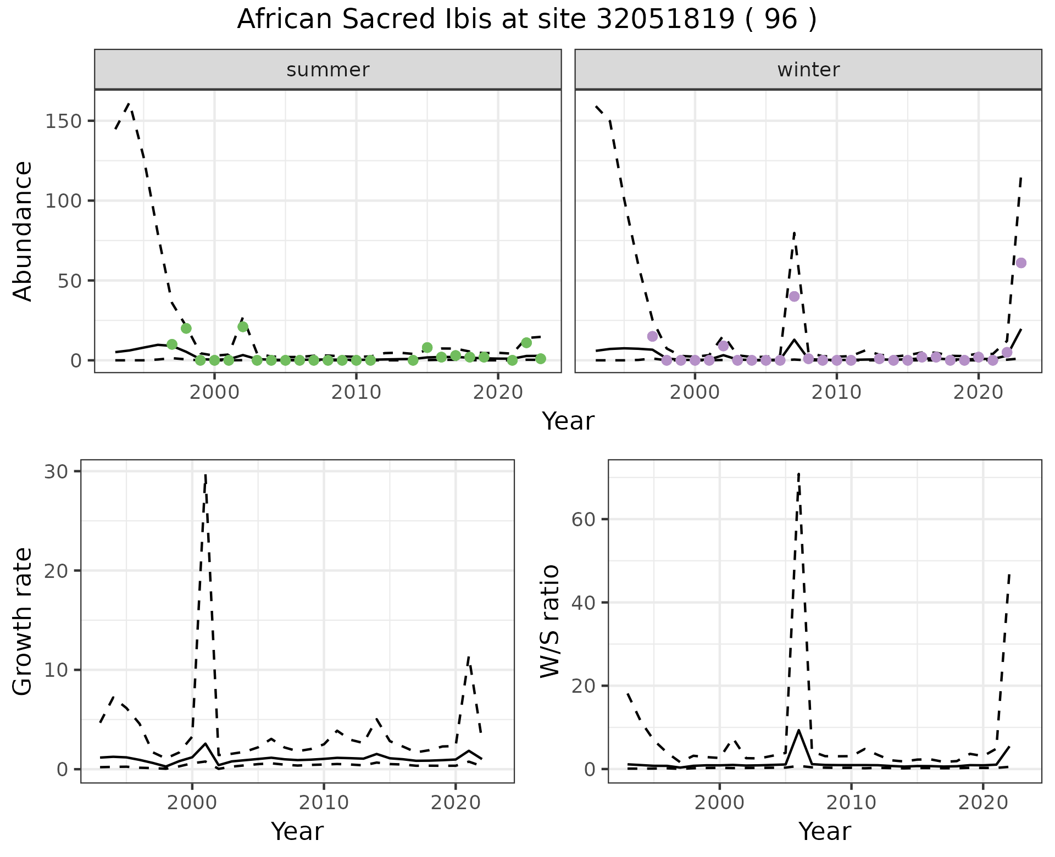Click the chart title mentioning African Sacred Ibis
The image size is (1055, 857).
tap(526, 20)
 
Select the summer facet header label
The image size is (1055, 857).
tap(328, 70)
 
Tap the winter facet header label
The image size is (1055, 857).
tap(808, 70)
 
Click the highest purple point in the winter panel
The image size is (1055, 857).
tap(1021, 263)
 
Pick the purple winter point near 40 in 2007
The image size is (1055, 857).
tap(794, 297)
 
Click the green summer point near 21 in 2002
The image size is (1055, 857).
tap(243, 327)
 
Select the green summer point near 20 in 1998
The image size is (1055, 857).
tap(186, 329)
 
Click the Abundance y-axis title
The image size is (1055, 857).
tap(23, 231)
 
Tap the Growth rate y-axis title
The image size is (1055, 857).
tap(23, 621)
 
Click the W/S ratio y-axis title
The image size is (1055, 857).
tap(550, 621)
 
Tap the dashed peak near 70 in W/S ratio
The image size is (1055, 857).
tap(798, 474)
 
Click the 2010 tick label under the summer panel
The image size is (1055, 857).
tap(356, 393)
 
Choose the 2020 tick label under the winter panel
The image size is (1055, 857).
tap(978, 393)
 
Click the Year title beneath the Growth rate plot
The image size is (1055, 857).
tap(297, 831)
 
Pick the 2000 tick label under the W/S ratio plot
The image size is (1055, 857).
tap(719, 803)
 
